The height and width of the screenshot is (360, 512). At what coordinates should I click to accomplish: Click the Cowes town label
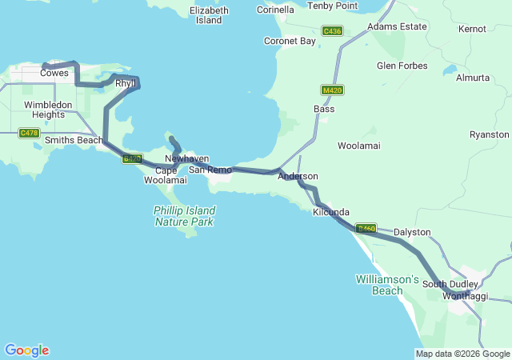[54, 72]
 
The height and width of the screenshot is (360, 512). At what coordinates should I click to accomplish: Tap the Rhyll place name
[125, 83]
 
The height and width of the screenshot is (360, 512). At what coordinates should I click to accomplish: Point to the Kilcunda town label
[331, 212]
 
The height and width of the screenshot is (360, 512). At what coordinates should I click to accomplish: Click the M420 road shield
[332, 90]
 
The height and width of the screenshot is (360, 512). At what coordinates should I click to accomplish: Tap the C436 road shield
[332, 31]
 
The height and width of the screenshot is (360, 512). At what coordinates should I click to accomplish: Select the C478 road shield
[29, 133]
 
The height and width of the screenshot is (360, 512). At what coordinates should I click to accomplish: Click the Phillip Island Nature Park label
[185, 216]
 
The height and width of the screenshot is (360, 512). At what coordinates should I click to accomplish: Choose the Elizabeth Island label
[209, 15]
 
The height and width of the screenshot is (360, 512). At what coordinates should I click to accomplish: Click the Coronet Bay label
[290, 41]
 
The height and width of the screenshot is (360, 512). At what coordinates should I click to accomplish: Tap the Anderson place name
[298, 176]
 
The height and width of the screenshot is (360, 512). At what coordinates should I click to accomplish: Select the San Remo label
[210, 170]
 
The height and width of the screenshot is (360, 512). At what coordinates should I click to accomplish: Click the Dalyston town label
[412, 232]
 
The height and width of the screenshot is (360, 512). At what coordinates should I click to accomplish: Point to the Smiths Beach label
[74, 141]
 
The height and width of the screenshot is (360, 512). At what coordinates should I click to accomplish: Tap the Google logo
[26, 350]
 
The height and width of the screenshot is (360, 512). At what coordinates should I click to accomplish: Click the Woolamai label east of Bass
[359, 146]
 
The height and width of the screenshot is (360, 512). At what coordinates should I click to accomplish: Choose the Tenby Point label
[333, 6]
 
